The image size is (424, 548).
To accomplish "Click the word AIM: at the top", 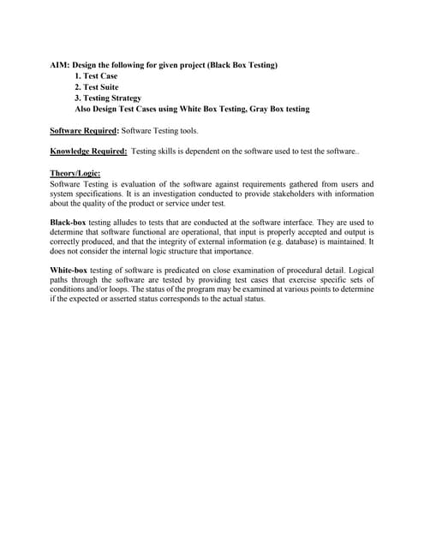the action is coord(60,64).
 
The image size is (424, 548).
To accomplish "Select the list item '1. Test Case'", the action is coord(97,75).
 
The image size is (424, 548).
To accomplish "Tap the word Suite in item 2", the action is coord(107,86).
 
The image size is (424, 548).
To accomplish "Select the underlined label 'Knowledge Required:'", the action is coord(89,152).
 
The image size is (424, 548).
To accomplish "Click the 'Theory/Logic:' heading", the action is coord(75,173).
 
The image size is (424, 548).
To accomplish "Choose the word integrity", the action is coord(182,242).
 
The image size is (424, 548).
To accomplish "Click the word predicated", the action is coord(176,271).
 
